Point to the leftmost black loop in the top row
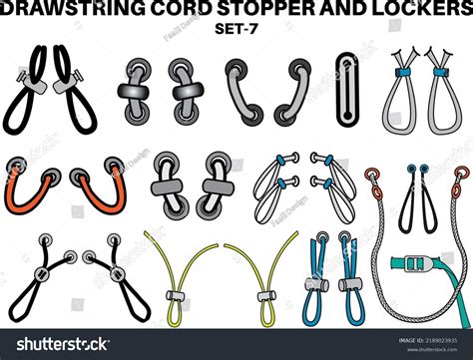(24, 95)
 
